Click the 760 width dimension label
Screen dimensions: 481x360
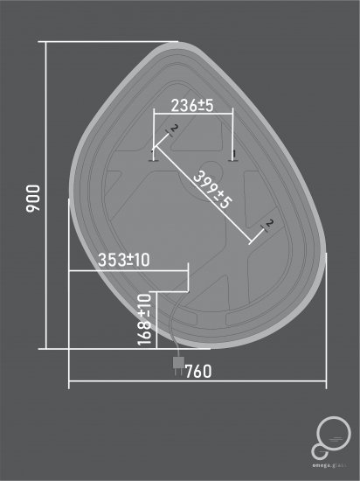(x=198, y=371)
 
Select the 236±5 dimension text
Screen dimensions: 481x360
(x=192, y=106)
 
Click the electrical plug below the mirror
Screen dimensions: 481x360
(x=178, y=362)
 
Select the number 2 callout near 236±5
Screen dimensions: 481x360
(x=174, y=130)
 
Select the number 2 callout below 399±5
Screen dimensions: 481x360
(x=269, y=225)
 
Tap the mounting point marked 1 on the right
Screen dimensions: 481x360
(x=232, y=157)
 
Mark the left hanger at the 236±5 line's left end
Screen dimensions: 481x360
(x=154, y=157)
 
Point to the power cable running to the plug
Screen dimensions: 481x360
(x=172, y=328)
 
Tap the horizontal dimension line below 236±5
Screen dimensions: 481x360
(x=192, y=113)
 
